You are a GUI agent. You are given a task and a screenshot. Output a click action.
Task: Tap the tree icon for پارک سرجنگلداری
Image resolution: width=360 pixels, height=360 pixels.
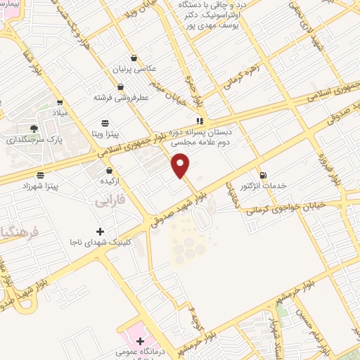pos(34,129)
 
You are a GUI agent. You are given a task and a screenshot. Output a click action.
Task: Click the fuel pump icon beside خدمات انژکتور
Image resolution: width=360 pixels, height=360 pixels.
pos(263,175)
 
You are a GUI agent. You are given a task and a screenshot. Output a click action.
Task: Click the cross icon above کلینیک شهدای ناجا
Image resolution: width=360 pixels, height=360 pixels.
pos(100,231)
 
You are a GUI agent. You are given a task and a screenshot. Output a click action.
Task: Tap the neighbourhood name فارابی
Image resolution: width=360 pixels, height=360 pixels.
pos(110,202)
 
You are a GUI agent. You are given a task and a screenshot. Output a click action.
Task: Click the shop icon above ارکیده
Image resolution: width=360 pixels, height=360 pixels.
pos(108,170)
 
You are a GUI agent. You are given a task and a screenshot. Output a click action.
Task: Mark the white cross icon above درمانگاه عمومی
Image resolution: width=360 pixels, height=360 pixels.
pos(140,341)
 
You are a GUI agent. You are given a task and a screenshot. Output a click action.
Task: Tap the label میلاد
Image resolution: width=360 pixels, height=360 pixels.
pos(60,112)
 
